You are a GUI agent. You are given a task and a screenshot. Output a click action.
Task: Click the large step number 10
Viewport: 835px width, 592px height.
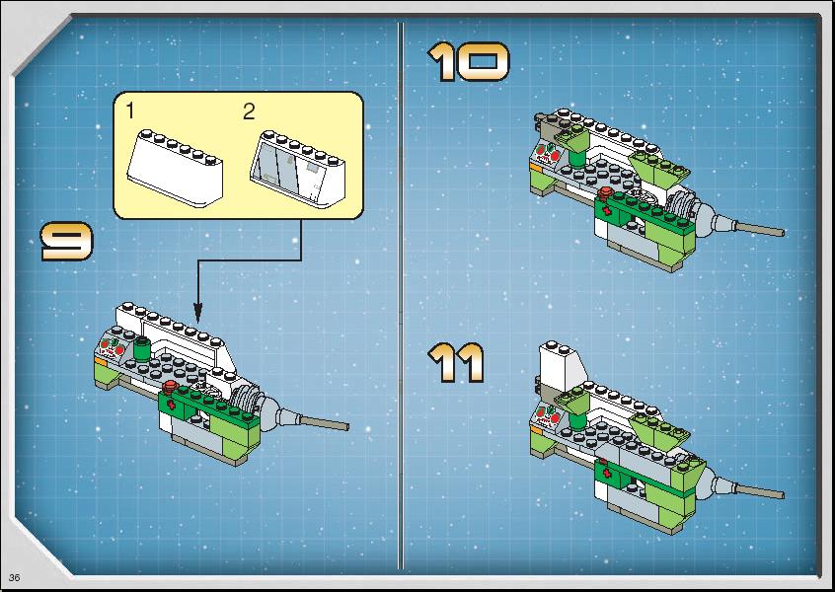point(469,62)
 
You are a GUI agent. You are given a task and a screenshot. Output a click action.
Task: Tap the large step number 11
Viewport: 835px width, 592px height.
point(456,363)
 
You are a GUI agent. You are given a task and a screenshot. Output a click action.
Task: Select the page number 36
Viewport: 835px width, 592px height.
point(15,577)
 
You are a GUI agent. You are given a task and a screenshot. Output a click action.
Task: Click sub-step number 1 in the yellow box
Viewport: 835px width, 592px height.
point(130,111)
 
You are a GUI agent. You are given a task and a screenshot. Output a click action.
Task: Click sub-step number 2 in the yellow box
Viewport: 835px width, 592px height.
point(249,111)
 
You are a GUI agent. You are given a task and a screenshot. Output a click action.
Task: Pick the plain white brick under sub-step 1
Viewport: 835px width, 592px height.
point(175,167)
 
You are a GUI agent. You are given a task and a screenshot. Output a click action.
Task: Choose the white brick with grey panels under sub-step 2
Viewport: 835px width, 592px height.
point(298,169)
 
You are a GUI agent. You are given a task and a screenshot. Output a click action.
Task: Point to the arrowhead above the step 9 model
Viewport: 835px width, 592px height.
point(197,313)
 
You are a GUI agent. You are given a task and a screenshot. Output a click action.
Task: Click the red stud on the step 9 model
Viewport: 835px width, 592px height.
point(170,387)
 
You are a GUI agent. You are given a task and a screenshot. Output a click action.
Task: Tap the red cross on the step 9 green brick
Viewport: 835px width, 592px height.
point(172,407)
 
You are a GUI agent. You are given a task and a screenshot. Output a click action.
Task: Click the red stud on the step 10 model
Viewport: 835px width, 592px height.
point(603,193)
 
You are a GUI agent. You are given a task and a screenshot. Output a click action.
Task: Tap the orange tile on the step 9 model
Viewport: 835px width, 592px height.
point(101,361)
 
